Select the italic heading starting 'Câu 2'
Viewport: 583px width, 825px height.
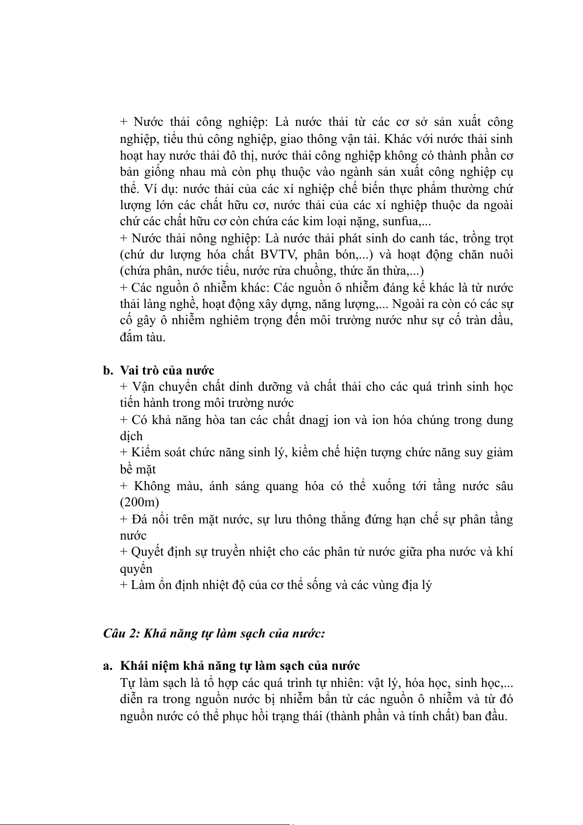(x=214, y=633)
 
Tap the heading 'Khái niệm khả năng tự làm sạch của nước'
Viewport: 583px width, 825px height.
(x=240, y=666)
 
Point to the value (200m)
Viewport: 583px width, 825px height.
(x=140, y=502)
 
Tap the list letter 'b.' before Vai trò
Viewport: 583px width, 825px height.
(x=108, y=371)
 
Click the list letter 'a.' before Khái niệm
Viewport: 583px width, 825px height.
(x=108, y=666)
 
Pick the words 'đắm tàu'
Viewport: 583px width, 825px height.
(x=143, y=337)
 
